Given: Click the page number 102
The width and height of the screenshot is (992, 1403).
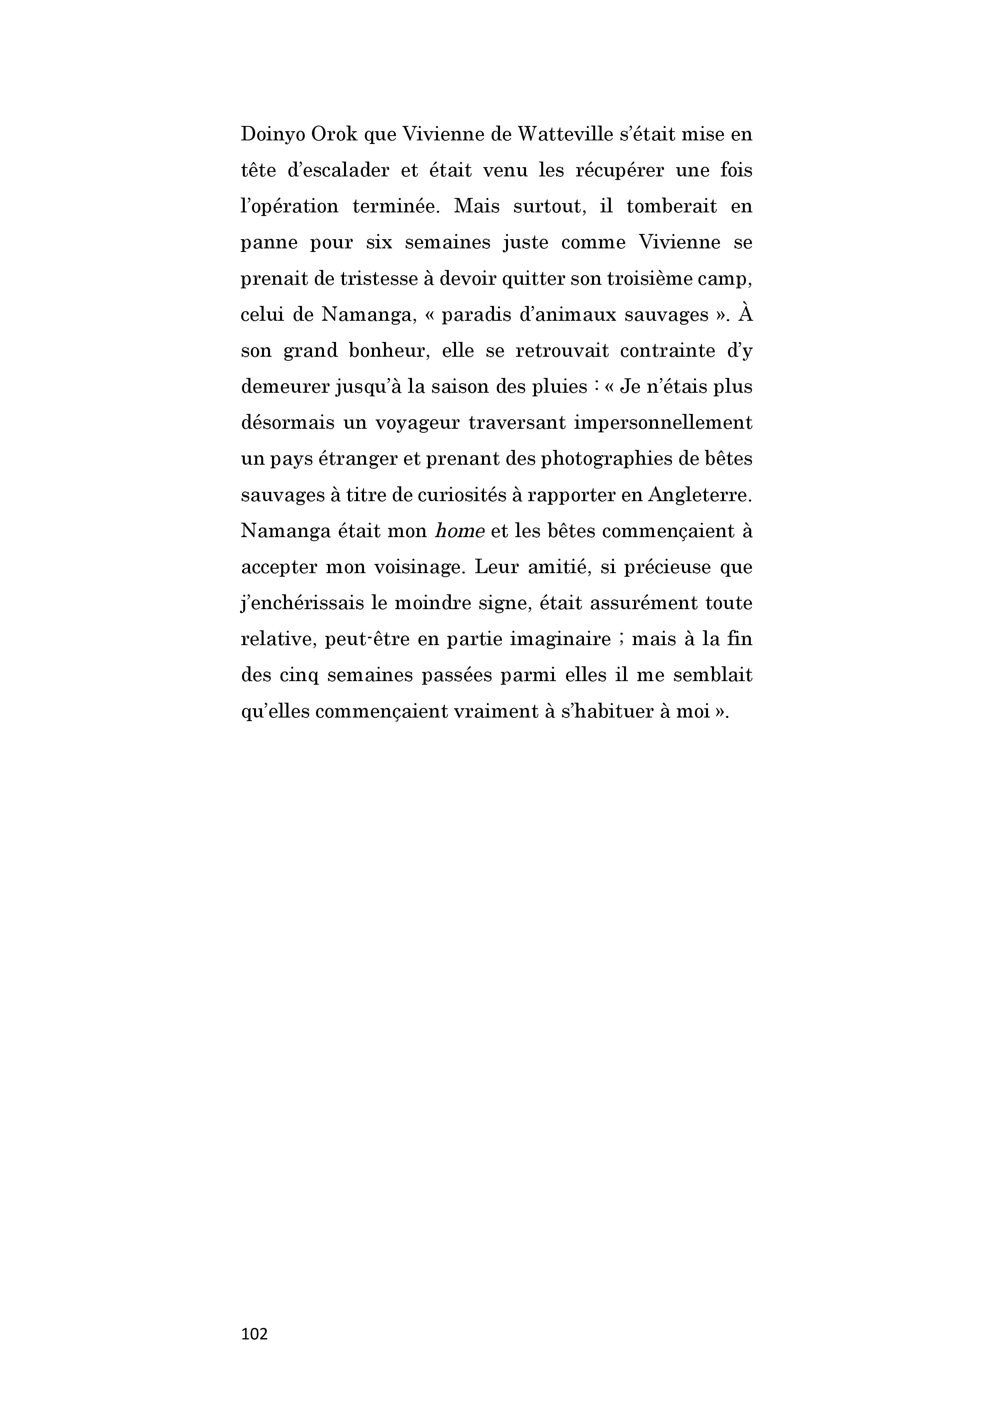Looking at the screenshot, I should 254,1334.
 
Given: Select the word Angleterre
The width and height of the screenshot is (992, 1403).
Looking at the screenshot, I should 700,495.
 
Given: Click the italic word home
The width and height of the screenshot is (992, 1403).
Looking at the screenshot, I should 459,531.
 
